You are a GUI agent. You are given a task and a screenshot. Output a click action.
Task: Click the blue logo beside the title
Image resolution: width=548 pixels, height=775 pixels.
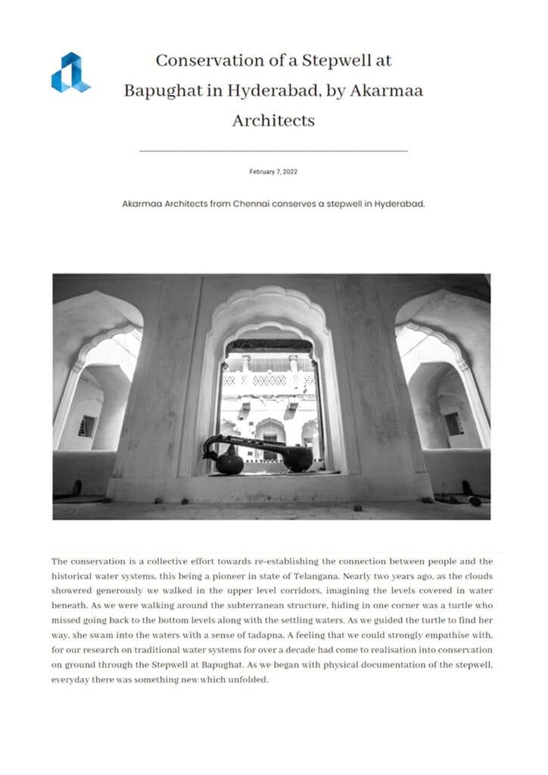(70, 73)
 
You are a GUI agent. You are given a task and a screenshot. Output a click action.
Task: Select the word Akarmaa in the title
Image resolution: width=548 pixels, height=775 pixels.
(387, 90)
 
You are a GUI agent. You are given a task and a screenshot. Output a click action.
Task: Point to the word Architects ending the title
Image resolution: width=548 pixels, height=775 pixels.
(273, 120)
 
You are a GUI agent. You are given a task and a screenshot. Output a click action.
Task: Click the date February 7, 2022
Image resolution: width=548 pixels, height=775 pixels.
(273, 172)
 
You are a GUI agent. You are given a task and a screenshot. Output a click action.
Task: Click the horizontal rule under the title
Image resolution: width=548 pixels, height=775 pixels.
(273, 151)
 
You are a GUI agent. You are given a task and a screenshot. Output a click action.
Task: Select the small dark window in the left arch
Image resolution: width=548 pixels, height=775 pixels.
(88, 425)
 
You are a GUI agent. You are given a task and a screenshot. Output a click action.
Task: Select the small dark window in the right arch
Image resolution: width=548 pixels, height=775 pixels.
(454, 423)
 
